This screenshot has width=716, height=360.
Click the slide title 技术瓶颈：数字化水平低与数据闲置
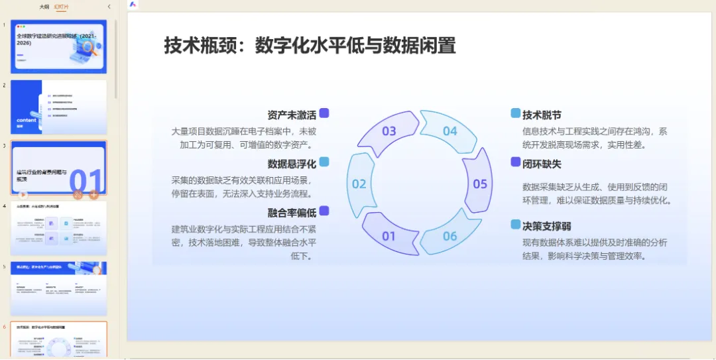point(310,46)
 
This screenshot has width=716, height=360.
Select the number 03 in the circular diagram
point(389,131)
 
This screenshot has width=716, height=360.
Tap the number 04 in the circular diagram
point(450,131)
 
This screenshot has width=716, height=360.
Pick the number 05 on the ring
point(480,184)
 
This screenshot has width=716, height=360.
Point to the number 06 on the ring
point(450,236)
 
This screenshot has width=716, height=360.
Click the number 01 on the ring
point(389,236)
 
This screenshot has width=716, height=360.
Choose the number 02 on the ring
point(359,184)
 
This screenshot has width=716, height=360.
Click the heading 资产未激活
point(292,114)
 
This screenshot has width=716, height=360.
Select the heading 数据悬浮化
point(292,163)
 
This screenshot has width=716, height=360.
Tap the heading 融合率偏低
point(292,212)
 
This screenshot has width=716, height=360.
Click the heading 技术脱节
point(542,115)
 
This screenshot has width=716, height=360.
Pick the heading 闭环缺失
point(542,163)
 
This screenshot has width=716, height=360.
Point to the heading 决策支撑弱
point(546,225)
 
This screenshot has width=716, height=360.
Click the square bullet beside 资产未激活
point(324,113)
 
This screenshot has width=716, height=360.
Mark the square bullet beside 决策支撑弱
point(516,225)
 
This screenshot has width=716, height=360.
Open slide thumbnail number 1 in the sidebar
point(58,46)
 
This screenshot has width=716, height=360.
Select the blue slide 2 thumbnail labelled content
point(58,107)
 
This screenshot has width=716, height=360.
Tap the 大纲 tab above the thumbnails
point(44,7)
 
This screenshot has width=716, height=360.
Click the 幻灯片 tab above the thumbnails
point(62,7)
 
